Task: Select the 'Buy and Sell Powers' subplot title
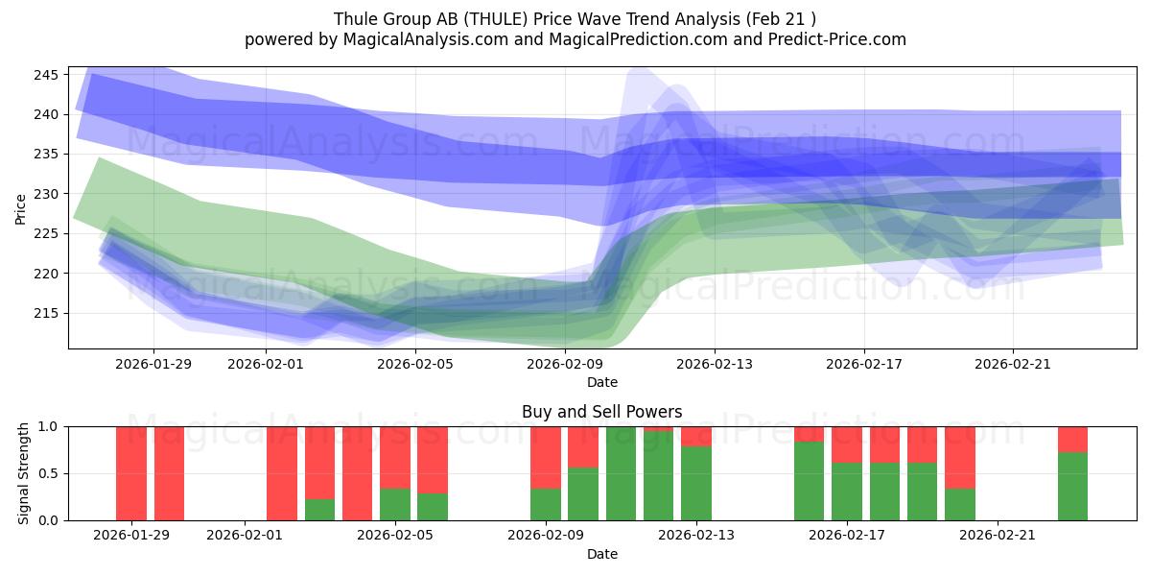tap(601, 412)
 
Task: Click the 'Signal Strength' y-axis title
tap(24, 473)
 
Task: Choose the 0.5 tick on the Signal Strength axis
tap(48, 473)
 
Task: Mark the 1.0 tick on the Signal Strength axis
tap(48, 426)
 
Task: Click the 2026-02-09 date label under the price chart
tap(564, 364)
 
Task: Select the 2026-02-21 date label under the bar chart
tap(998, 535)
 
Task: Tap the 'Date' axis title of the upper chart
tap(601, 382)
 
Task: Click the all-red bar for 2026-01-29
tap(131, 473)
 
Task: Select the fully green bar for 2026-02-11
tap(621, 473)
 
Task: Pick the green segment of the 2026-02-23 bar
tap(1072, 487)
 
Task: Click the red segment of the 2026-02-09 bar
tap(546, 457)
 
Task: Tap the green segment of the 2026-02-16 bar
tap(809, 481)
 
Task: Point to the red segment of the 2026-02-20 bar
tap(959, 457)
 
